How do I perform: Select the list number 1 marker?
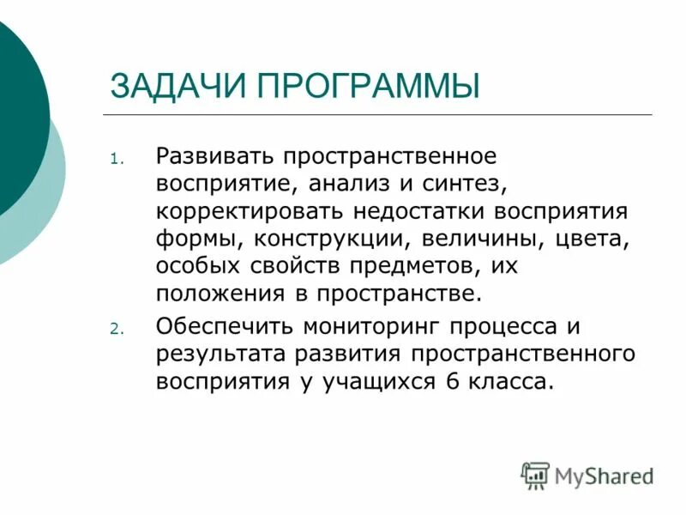click(117, 160)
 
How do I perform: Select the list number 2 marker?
click(117, 329)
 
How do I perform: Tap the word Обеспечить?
click(220, 327)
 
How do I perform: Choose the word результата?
click(218, 354)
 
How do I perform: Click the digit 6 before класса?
click(453, 382)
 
